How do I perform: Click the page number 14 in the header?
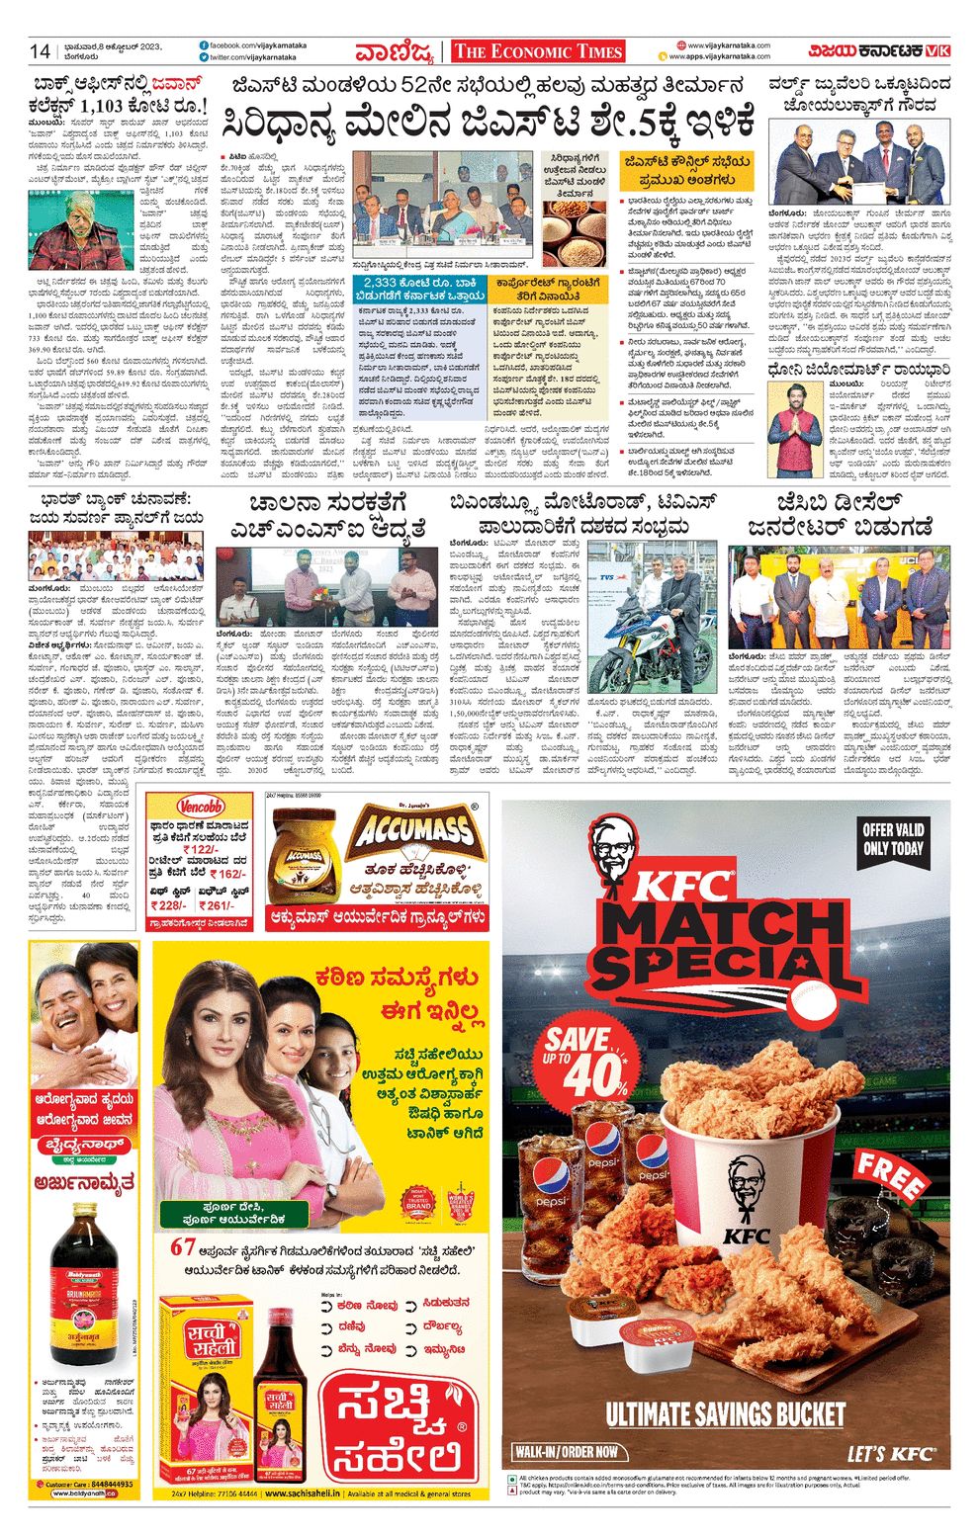pyautogui.click(x=40, y=51)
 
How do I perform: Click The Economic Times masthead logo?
pyautogui.click(x=537, y=52)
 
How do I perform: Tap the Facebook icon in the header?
pyautogui.click(x=203, y=45)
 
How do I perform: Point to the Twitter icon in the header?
pyautogui.click(x=203, y=59)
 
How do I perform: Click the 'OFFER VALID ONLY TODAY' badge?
pyautogui.click(x=893, y=839)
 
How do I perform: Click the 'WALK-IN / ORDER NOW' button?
pyautogui.click(x=568, y=1452)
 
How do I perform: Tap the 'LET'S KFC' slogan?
pyautogui.click(x=890, y=1452)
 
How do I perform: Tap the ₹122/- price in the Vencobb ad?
pyautogui.click(x=201, y=849)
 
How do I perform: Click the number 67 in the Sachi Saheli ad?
pyautogui.click(x=183, y=1247)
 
